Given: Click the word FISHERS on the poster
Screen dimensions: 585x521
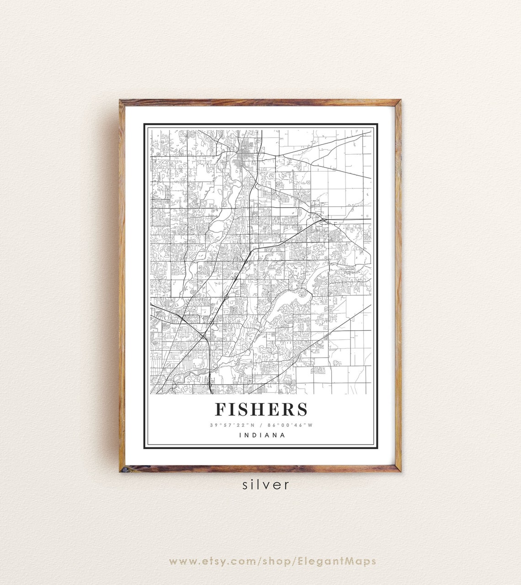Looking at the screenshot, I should coord(261,409).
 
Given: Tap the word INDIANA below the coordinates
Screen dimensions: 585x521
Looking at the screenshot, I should coord(262,435).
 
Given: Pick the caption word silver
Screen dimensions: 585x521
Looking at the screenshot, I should coord(266,484).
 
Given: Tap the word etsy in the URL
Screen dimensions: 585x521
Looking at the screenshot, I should coord(217,561).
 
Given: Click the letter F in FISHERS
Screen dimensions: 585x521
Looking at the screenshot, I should coord(221,409).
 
